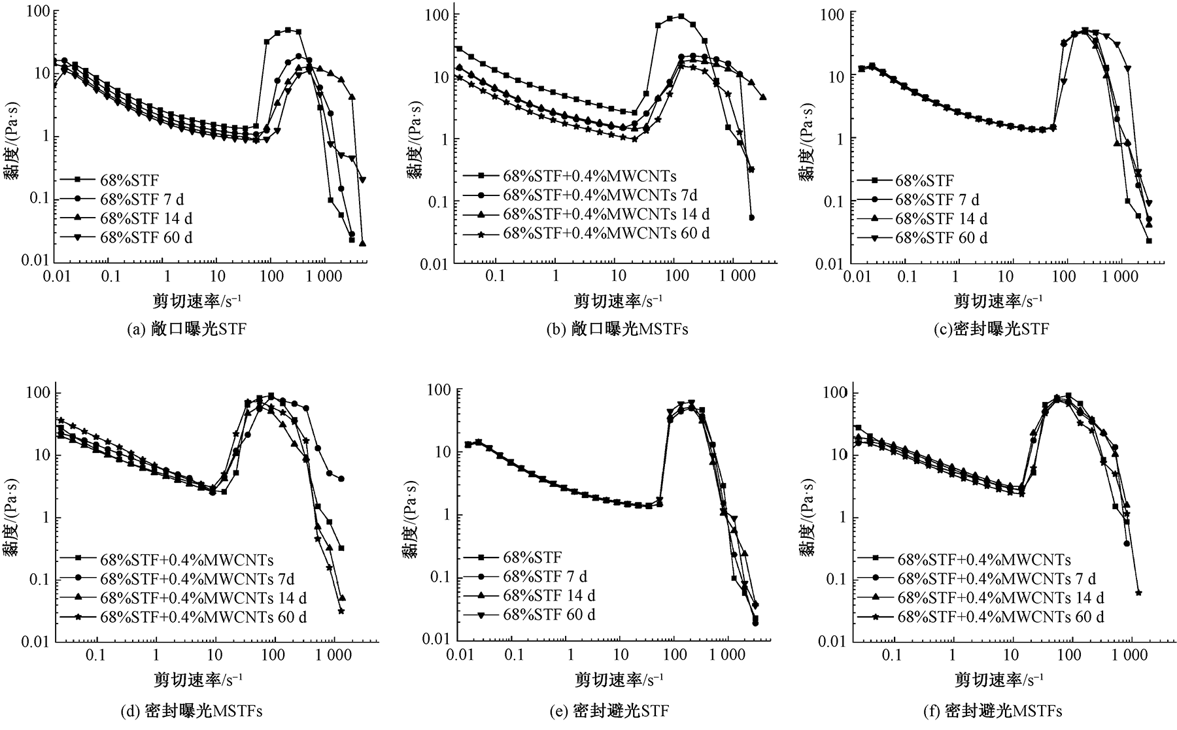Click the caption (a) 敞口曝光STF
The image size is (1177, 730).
pos(186,329)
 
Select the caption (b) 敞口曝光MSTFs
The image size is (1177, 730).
pos(617,329)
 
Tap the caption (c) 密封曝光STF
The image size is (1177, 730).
pos(991,329)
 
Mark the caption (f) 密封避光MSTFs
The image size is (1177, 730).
pos(992,711)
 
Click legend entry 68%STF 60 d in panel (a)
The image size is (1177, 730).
pos(146,237)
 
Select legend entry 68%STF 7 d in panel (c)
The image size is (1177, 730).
pos(937,199)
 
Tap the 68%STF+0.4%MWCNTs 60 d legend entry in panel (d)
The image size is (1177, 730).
pos(203,616)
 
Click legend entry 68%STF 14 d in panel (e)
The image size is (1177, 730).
pos(549,595)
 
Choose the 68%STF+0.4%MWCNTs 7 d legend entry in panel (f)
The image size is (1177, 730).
pos(997,578)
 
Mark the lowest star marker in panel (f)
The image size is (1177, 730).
pos(1138,593)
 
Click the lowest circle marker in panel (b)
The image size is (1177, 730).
pos(751,218)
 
